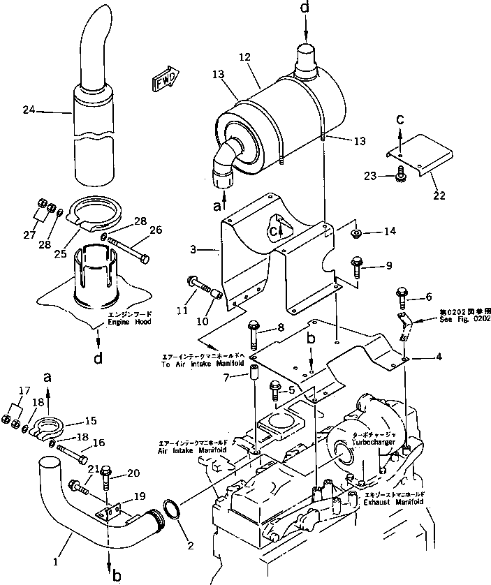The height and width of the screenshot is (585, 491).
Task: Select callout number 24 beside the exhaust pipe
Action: (28, 110)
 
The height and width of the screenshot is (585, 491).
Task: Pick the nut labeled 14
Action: (355, 232)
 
